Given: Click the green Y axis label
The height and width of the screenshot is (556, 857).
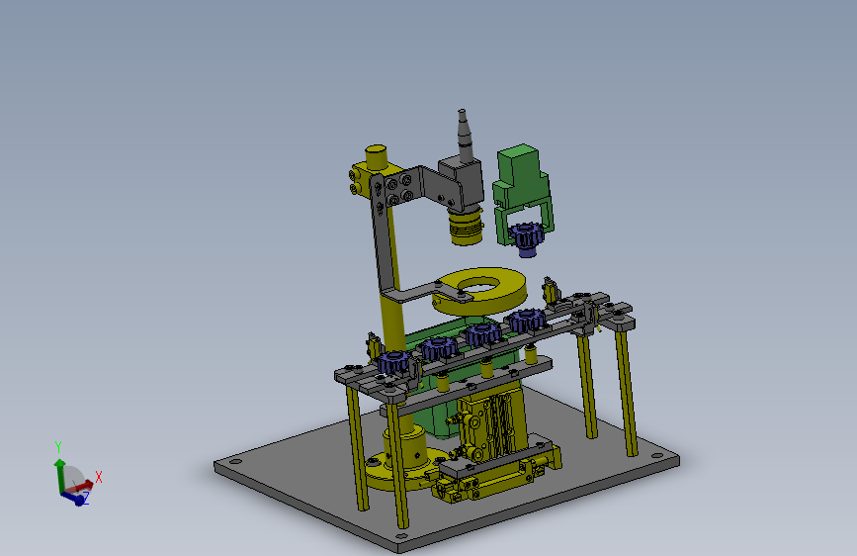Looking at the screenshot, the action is [58, 447].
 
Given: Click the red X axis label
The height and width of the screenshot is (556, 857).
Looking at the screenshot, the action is [99, 477].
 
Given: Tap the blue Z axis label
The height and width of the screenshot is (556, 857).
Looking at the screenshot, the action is [85, 498].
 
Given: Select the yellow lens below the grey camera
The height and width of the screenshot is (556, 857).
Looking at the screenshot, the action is [467, 226].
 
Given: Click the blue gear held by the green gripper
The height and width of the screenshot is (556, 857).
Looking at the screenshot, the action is [525, 238].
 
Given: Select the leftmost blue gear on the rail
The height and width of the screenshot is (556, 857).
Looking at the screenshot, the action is [393, 361].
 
